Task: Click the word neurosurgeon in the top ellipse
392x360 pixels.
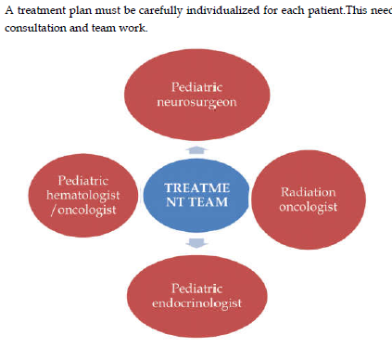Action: (x=196, y=103)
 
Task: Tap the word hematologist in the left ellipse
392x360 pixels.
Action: (x=83, y=196)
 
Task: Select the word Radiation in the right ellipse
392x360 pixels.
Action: (x=308, y=192)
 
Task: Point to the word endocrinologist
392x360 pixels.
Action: (x=196, y=303)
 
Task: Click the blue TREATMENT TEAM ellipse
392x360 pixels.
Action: (x=196, y=196)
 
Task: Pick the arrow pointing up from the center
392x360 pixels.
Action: (x=196, y=150)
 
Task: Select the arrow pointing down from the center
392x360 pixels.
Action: (x=196, y=243)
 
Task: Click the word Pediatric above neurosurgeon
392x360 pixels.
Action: (x=196, y=87)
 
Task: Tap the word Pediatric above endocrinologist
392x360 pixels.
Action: (x=196, y=289)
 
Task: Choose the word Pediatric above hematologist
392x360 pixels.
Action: (x=83, y=181)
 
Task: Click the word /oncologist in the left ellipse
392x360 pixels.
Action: (x=83, y=211)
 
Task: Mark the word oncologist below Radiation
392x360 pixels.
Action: (x=308, y=207)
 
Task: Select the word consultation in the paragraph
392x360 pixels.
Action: (x=35, y=28)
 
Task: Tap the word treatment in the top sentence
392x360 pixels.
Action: (x=42, y=11)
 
